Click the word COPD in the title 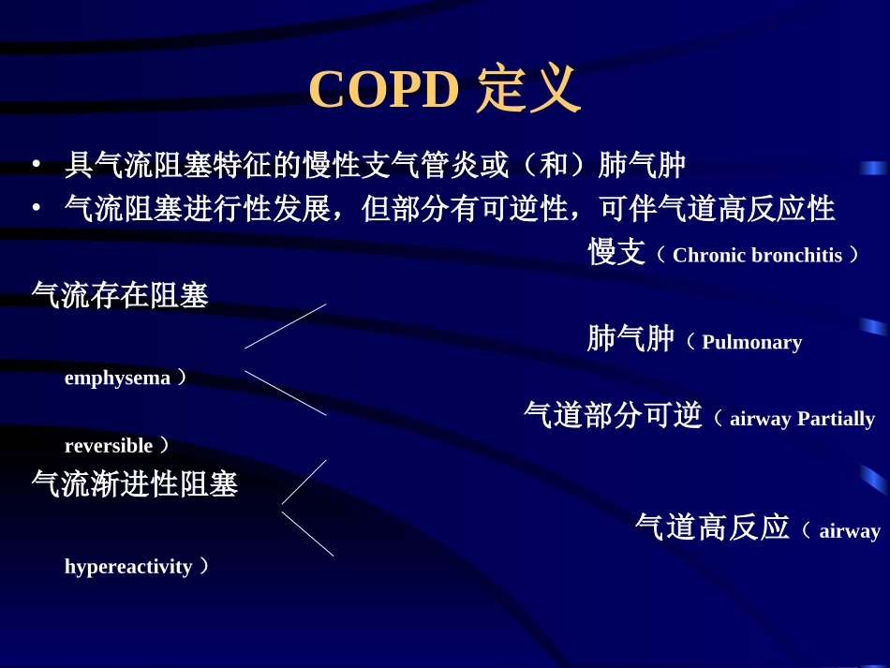pos(383,90)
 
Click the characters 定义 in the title pos(528,90)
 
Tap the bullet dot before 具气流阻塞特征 pos(36,166)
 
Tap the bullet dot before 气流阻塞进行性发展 pos(36,208)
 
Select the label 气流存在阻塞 pos(120,295)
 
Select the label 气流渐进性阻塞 pos(135,484)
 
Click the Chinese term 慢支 pos(616,253)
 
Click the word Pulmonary pos(751,342)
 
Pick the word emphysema pos(117,378)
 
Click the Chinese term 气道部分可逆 pos(613,415)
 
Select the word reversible pos(108,445)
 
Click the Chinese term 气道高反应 pos(712,527)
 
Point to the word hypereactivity pos(128,566)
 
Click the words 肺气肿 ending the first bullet pos(642,166)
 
